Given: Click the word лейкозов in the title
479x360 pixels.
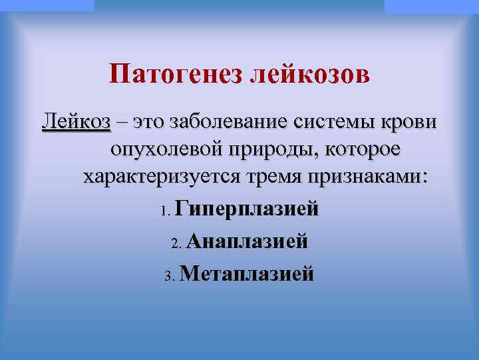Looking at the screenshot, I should [x=309, y=74].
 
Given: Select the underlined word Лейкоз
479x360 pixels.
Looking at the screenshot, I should [x=76, y=123].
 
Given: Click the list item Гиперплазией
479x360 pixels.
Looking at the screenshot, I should [x=247, y=209].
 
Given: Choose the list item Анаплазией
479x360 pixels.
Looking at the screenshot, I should [x=247, y=241].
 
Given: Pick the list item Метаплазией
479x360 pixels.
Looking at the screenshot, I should [x=246, y=273].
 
